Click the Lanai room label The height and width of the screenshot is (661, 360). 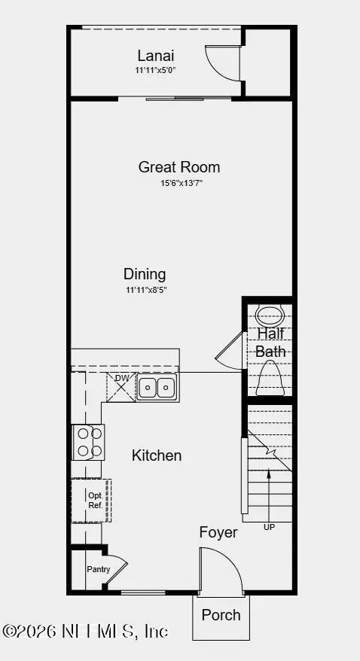tap(156, 55)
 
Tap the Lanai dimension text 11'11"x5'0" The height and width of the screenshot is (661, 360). tap(156, 70)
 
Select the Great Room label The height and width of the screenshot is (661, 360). tap(179, 167)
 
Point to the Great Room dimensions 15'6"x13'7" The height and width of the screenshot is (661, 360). tap(179, 183)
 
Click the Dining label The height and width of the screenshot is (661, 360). tap(145, 274)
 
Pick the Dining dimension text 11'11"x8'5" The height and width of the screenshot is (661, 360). tap(145, 290)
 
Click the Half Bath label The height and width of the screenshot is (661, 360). tap(270, 343)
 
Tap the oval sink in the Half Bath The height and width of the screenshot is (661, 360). tap(270, 315)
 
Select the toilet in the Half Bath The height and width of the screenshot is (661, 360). tap(270, 379)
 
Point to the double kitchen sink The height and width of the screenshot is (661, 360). tap(157, 388)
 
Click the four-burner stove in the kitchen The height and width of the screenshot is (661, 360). tap(87, 442)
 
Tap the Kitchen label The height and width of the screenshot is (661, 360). tap(157, 455)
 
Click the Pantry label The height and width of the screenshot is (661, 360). tap(98, 570)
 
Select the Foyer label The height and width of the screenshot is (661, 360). tap(218, 533)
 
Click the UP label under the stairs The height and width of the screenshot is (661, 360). tap(269, 527)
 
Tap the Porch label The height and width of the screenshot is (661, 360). tap(221, 615)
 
